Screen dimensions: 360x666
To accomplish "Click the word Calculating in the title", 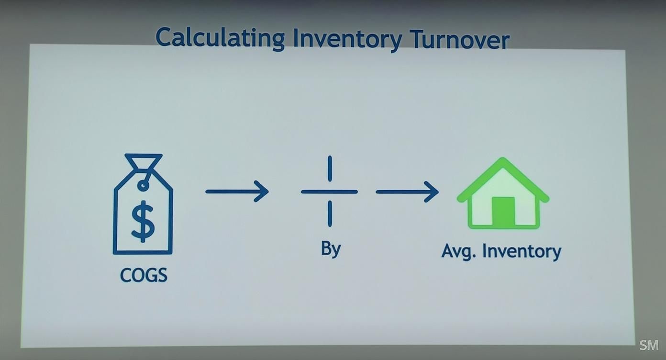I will [220, 38].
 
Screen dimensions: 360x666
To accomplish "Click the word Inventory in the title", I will [347, 39].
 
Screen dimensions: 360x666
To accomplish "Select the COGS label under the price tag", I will [144, 275].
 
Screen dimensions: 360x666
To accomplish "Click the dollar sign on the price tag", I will [143, 221].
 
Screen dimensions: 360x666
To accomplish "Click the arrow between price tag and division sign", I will [237, 191].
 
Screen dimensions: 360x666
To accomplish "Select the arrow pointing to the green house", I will [407, 192].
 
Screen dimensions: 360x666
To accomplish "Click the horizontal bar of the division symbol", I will [329, 191].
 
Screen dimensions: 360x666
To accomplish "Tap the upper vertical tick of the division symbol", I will [330, 169].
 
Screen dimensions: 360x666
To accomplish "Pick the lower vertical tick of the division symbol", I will [330, 214].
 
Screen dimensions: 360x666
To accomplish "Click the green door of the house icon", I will [503, 211].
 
